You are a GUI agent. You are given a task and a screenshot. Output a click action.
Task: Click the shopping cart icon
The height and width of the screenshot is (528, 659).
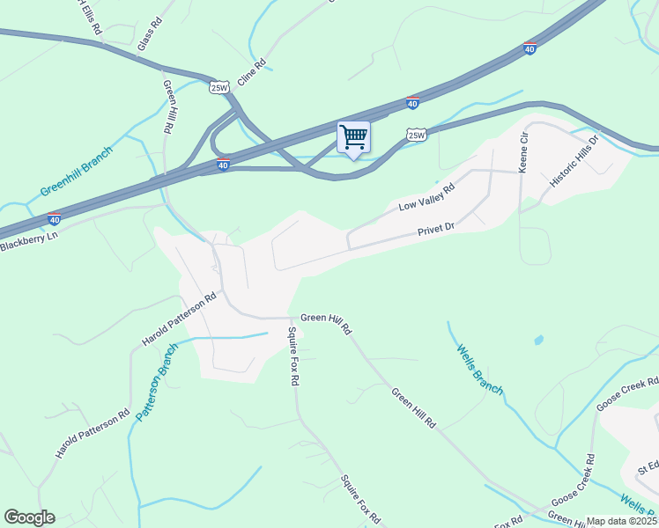(353, 137)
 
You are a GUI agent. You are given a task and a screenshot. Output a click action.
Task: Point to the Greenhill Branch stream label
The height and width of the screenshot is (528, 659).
(78, 177)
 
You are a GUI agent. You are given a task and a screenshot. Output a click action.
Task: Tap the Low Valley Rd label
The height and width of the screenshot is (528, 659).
(426, 197)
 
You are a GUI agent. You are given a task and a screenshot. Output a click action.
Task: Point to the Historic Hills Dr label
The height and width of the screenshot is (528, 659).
(574, 160)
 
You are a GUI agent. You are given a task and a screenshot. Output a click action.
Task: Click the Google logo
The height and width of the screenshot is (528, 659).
(29, 517)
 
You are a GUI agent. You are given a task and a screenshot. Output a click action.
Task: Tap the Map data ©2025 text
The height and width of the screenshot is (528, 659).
(622, 521)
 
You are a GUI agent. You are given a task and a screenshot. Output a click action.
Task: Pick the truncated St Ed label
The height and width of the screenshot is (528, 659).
(648, 465)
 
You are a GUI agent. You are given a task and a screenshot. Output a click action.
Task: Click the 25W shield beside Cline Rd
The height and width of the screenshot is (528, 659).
(219, 86)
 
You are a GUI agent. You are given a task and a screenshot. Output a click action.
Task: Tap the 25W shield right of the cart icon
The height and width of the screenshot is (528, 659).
(417, 135)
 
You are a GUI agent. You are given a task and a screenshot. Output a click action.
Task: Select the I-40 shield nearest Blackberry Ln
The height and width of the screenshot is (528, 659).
(54, 219)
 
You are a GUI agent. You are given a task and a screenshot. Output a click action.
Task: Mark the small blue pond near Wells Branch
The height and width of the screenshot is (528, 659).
(538, 340)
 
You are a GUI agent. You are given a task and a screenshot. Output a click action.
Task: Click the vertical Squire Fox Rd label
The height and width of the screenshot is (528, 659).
(294, 357)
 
